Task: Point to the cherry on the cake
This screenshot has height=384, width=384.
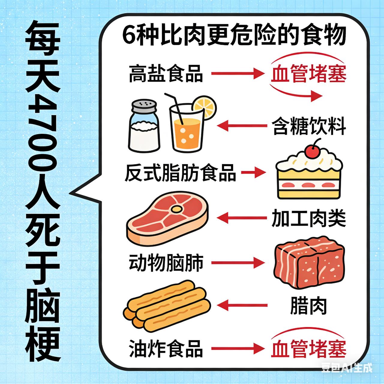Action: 312,151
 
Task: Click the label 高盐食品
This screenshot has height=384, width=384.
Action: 166,74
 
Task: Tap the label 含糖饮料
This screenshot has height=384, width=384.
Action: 309,126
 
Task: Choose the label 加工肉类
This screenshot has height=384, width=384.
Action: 309,218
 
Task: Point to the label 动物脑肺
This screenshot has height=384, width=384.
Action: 166,263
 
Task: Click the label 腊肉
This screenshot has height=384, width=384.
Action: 308,306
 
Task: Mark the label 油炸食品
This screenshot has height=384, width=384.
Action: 166,348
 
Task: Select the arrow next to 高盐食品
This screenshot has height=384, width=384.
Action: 237,73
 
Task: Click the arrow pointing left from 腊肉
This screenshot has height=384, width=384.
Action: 242,306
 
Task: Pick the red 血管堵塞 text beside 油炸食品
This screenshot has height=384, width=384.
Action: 309,348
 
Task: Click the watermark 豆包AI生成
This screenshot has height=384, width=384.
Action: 346,367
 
